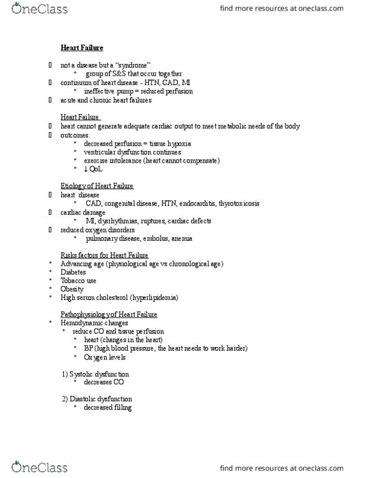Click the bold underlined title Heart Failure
pos(82,48)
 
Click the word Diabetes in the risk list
pos(73,272)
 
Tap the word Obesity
pos(71,289)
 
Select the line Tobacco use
pos(78,281)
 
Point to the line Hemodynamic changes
pos(94,323)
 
